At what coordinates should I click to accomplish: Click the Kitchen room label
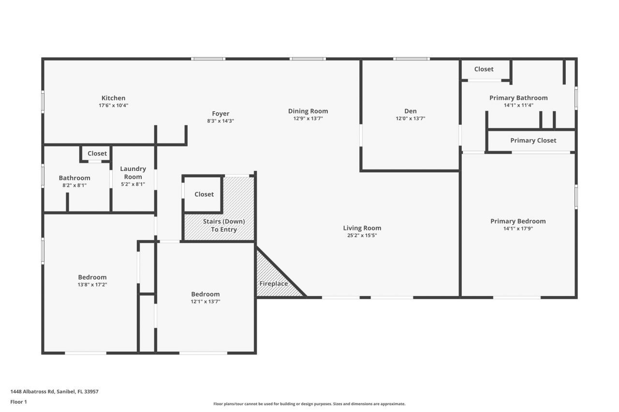tap(113, 98)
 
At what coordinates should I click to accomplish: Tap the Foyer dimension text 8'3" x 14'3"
tap(221, 121)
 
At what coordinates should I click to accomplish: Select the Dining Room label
tap(308, 111)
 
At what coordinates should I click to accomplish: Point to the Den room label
tap(410, 111)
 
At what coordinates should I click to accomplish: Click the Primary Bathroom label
tap(518, 98)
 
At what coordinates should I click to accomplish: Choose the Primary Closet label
tap(533, 141)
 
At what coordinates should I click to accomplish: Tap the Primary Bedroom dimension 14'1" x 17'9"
tap(518, 228)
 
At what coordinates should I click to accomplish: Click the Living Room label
tap(362, 228)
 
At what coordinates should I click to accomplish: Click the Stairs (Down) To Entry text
tap(223, 226)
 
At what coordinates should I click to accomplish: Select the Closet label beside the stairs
tap(204, 194)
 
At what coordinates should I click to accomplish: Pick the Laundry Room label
tap(133, 172)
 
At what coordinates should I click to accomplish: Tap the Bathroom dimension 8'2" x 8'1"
tap(74, 185)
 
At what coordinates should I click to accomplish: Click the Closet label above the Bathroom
tap(97, 154)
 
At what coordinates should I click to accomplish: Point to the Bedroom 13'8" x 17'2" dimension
tap(92, 284)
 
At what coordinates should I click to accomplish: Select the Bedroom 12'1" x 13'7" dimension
tap(205, 301)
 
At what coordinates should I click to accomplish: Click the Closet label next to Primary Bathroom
tap(484, 69)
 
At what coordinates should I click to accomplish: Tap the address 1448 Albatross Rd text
tap(54, 392)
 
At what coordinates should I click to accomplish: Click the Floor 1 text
tap(19, 402)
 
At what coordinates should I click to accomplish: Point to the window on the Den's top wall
tap(411, 59)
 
